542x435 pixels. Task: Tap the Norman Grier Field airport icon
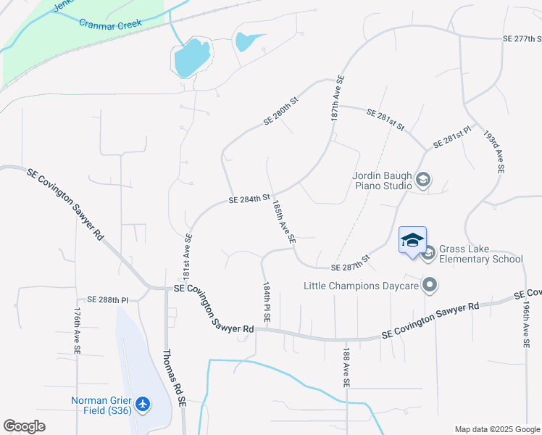[143, 403]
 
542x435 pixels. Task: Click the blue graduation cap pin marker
[412, 240]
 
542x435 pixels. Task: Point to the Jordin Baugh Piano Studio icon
[423, 180]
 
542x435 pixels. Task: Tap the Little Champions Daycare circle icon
[430, 285]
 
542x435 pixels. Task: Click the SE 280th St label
[281, 112]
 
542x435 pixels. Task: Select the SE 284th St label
[249, 198]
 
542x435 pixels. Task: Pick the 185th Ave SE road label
[283, 222]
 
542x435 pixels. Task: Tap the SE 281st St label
[385, 119]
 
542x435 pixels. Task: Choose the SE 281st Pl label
[452, 137]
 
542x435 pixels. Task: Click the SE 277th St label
[522, 39]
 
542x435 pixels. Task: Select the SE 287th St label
[351, 263]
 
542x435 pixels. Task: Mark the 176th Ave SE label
[77, 331]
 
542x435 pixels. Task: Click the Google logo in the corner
[25, 426]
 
